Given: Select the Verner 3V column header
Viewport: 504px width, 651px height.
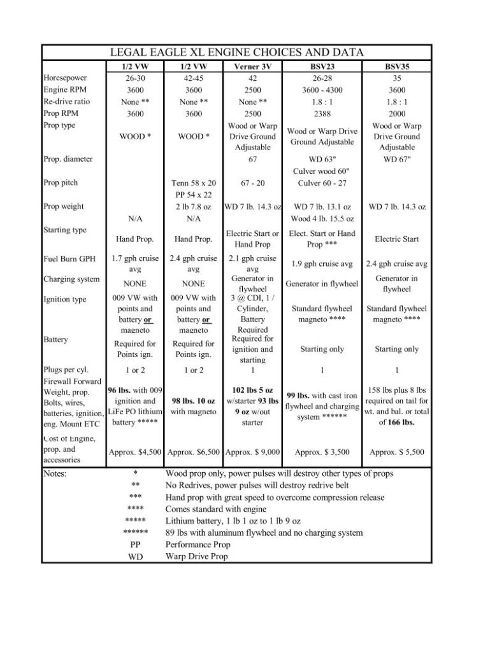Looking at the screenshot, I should click(252, 66).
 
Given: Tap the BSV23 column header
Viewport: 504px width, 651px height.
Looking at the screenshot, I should click(322, 66).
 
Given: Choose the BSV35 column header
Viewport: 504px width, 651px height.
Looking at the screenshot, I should click(396, 66).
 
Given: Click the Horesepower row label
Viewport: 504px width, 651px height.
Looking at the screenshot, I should click(64, 78).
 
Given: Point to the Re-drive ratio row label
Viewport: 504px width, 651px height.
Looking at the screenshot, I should click(67, 101).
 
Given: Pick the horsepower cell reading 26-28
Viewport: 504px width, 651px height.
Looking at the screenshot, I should click(322, 78).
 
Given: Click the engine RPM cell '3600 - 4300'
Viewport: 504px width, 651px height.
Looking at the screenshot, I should click(322, 90).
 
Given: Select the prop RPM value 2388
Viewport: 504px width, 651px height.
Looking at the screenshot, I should click(322, 113).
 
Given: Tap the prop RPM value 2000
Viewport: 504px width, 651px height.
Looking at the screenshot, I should click(396, 113).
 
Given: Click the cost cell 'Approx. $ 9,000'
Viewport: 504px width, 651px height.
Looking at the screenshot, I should click(252, 452).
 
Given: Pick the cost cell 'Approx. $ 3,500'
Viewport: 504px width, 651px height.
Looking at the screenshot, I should click(322, 452).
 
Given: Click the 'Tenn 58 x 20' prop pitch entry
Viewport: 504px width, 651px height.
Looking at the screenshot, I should click(194, 183).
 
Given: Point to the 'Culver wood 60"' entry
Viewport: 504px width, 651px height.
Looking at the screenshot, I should click(322, 171).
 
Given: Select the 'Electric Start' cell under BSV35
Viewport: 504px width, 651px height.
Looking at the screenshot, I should click(396, 239).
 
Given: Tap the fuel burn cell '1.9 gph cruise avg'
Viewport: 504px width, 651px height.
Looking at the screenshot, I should click(322, 264).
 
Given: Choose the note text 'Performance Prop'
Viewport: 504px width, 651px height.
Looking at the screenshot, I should click(198, 545).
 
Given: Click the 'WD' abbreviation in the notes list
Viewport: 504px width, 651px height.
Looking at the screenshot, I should click(135, 556).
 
